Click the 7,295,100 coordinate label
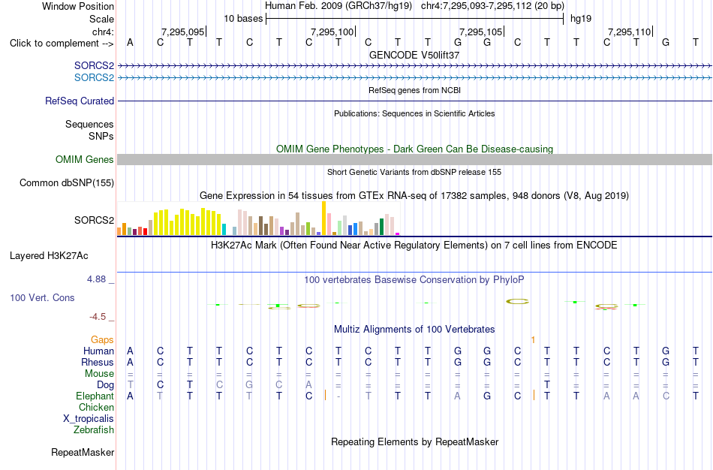[x=332, y=32]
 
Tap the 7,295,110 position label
[x=630, y=32]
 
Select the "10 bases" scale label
[x=243, y=19]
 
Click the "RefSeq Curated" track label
[x=80, y=101]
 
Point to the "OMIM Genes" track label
[x=85, y=160]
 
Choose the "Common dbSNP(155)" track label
[x=67, y=183]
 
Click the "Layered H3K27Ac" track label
[x=49, y=256]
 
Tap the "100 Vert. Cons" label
[x=42, y=297]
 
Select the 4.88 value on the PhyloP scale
[x=96, y=279]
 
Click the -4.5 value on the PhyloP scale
[x=98, y=317]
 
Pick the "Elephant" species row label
[x=95, y=396]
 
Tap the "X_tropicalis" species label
[x=89, y=419]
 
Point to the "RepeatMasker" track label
[x=83, y=452]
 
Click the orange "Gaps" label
[x=102, y=340]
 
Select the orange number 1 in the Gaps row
[x=533, y=340]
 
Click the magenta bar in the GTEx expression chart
[x=398, y=233]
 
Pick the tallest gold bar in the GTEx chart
[x=324, y=218]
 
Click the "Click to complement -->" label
[x=62, y=44]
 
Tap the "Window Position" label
[x=78, y=6]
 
